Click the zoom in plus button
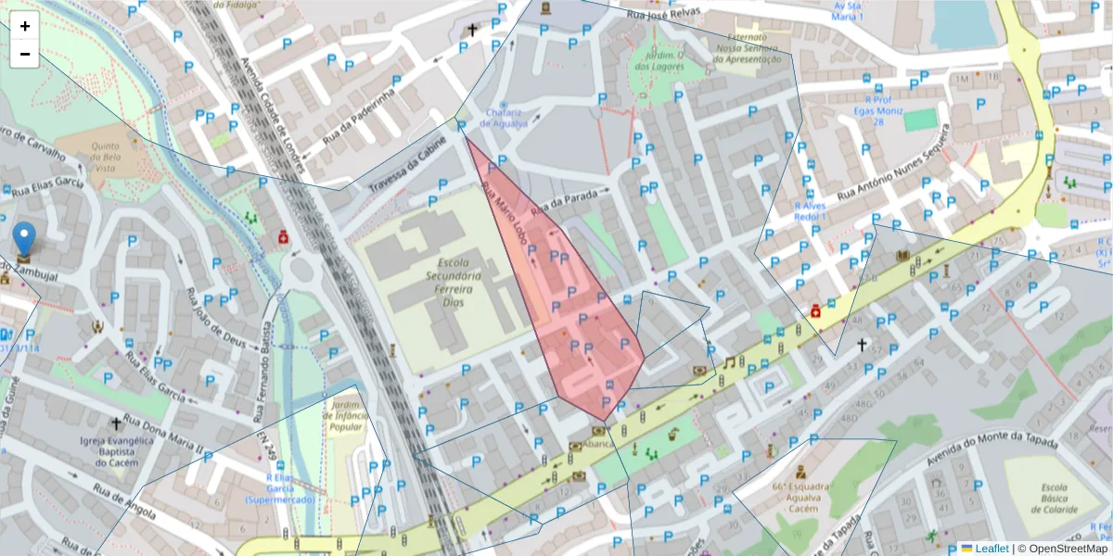pos(25,26)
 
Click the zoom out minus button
pos(25,54)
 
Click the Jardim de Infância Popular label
pos(344,417)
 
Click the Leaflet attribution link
pos(991,549)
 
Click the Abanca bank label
pos(598,444)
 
